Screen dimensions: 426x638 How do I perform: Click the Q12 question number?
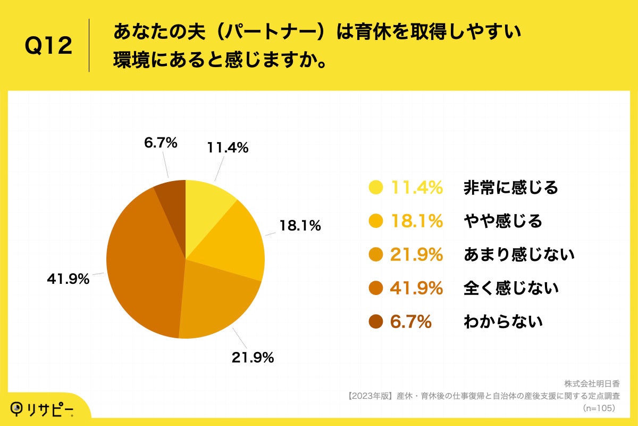(x=48, y=46)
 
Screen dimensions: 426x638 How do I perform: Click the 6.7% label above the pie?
(x=160, y=143)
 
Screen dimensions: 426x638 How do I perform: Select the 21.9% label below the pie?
(x=253, y=358)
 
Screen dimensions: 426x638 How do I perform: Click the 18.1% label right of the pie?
(x=300, y=226)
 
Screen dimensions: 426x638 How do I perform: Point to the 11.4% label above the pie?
(x=227, y=149)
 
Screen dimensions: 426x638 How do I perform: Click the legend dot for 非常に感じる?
(x=375, y=187)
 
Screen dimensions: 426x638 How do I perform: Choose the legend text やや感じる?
(x=502, y=221)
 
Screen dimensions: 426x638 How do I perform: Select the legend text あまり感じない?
(x=519, y=255)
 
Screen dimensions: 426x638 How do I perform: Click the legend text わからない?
(x=502, y=322)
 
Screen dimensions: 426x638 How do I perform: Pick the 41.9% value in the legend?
(x=416, y=289)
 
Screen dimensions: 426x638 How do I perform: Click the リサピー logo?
(x=42, y=409)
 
